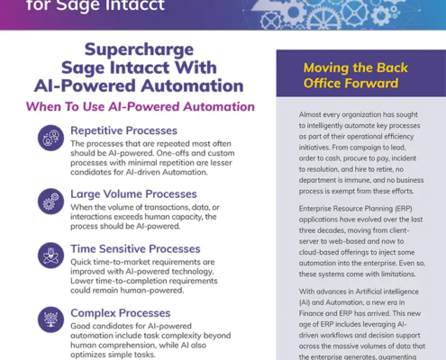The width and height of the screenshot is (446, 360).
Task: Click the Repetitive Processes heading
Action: click(x=123, y=130)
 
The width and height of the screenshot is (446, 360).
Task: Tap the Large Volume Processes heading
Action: click(x=133, y=194)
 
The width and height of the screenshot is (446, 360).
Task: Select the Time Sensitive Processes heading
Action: click(x=135, y=249)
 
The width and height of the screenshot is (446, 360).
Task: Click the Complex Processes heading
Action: click(x=121, y=313)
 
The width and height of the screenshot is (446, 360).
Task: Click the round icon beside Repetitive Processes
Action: click(x=50, y=138)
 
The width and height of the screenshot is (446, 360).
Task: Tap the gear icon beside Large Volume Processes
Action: click(x=50, y=202)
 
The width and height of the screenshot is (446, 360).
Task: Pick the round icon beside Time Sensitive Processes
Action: click(x=50, y=256)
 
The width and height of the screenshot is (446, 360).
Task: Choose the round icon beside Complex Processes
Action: click(x=50, y=319)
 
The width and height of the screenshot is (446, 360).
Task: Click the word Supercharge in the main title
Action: click(x=139, y=50)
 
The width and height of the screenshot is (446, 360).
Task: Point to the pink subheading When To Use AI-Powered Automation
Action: click(x=141, y=106)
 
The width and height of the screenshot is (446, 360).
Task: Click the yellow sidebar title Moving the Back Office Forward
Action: click(x=356, y=76)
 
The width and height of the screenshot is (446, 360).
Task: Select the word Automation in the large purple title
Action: click(x=192, y=85)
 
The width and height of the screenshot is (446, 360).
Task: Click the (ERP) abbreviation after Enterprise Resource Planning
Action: click(x=403, y=209)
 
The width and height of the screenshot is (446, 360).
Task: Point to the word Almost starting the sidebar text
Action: click(x=309, y=114)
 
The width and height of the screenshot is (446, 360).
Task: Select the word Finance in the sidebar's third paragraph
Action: click(x=311, y=313)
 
